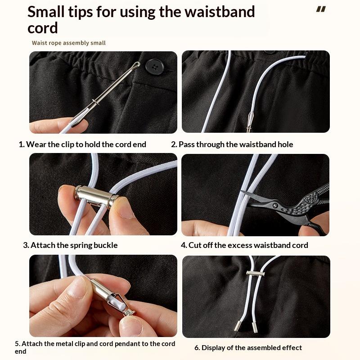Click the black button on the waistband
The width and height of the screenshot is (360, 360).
155,67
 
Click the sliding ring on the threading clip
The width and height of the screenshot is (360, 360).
95,102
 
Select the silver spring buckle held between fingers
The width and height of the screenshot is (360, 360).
96,196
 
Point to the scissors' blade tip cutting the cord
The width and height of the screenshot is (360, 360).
241,191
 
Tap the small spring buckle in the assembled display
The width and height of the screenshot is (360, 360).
255,273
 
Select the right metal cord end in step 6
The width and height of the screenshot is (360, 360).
255,328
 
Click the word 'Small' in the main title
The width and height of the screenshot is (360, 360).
46,12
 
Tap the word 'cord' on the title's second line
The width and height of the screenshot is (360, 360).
42,28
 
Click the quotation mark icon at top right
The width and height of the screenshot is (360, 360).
321,9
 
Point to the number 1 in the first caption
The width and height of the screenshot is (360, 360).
21,144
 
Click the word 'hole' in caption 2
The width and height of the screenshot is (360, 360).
285,144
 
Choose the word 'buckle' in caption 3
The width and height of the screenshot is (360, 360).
105,245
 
